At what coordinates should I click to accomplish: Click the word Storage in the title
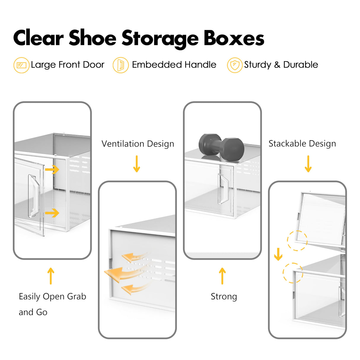pyautogui.click(x=160, y=39)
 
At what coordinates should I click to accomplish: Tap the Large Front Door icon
pyautogui.click(x=21, y=65)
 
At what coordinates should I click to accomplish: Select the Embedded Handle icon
pyautogui.click(x=120, y=65)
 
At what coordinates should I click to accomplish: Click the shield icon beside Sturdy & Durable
pyautogui.click(x=235, y=65)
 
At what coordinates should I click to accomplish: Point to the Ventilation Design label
pyautogui.click(x=138, y=144)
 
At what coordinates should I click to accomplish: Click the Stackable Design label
pyautogui.click(x=302, y=144)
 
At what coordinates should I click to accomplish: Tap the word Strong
pyautogui.click(x=224, y=297)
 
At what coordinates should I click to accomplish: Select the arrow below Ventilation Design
pyautogui.click(x=136, y=164)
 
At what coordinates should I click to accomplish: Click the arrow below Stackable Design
pyautogui.click(x=308, y=164)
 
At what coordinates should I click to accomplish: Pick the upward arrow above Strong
pyautogui.click(x=222, y=276)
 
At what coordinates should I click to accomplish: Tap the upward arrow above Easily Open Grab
pyautogui.click(x=51, y=276)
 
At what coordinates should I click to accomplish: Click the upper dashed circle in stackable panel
pyautogui.click(x=297, y=240)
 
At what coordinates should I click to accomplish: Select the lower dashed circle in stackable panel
pyautogui.click(x=293, y=273)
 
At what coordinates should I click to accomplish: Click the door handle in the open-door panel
pyautogui.click(x=33, y=196)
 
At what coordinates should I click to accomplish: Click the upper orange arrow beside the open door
pyautogui.click(x=52, y=170)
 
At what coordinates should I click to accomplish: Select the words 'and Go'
pyautogui.click(x=33, y=312)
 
